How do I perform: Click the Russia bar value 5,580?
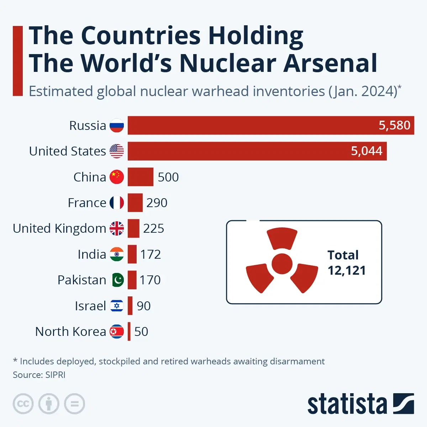pyautogui.click(x=394, y=125)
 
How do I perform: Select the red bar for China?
pyautogui.click(x=141, y=177)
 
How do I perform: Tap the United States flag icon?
pyautogui.click(x=117, y=151)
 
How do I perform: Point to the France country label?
pyautogui.click(x=87, y=203)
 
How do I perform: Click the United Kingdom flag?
pyautogui.click(x=117, y=228)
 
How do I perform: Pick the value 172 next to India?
pyautogui.click(x=151, y=254)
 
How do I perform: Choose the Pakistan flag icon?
pyautogui.click(x=117, y=280)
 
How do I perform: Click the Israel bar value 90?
pyautogui.click(x=144, y=306)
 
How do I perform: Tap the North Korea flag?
pyautogui.click(x=117, y=332)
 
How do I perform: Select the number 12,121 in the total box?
pyautogui.click(x=347, y=271)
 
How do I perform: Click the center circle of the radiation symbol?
pyautogui.click(x=282, y=264)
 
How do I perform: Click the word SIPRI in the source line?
pyautogui.click(x=55, y=375)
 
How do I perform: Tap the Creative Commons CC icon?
pyautogui.click(x=23, y=404)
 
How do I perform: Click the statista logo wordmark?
pyautogui.click(x=347, y=404)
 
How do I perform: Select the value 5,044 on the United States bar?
pyautogui.click(x=367, y=151)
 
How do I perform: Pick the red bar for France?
pyautogui.click(x=135, y=203)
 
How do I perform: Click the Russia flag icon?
pyautogui.click(x=117, y=126)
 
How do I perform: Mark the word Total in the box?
pyautogui.click(x=343, y=255)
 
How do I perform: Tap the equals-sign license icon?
pyautogui.click(x=74, y=404)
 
